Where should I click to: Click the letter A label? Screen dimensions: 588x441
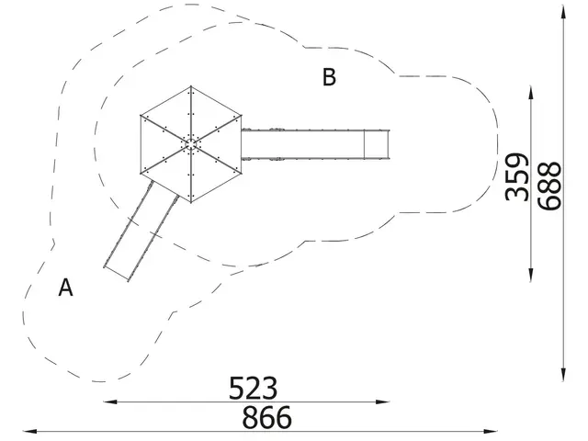(65, 288)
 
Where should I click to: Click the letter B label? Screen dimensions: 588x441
(329, 77)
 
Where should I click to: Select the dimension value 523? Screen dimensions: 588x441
(254, 388)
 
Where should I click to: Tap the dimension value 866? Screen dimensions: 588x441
(266, 416)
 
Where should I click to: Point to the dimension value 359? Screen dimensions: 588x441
(516, 176)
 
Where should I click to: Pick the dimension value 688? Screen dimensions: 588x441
(549, 186)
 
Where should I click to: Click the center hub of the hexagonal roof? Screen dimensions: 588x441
(191, 144)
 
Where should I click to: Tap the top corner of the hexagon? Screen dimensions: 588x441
(191, 86)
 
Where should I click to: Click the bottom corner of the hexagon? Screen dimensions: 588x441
(191, 202)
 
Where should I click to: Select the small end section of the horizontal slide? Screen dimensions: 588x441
(377, 144)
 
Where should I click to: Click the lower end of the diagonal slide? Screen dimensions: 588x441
(116, 274)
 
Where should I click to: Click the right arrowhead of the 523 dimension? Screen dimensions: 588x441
(382, 402)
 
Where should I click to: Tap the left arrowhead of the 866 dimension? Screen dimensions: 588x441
(30, 431)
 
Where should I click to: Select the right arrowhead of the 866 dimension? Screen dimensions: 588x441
(491, 431)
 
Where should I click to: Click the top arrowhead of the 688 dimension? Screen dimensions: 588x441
(563, 12)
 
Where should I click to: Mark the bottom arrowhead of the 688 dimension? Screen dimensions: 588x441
(563, 375)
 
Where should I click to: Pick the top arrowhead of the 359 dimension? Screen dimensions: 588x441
(531, 93)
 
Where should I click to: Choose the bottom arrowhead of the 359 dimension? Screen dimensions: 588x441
(531, 275)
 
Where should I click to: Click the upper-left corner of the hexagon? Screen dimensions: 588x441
(141, 115)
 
